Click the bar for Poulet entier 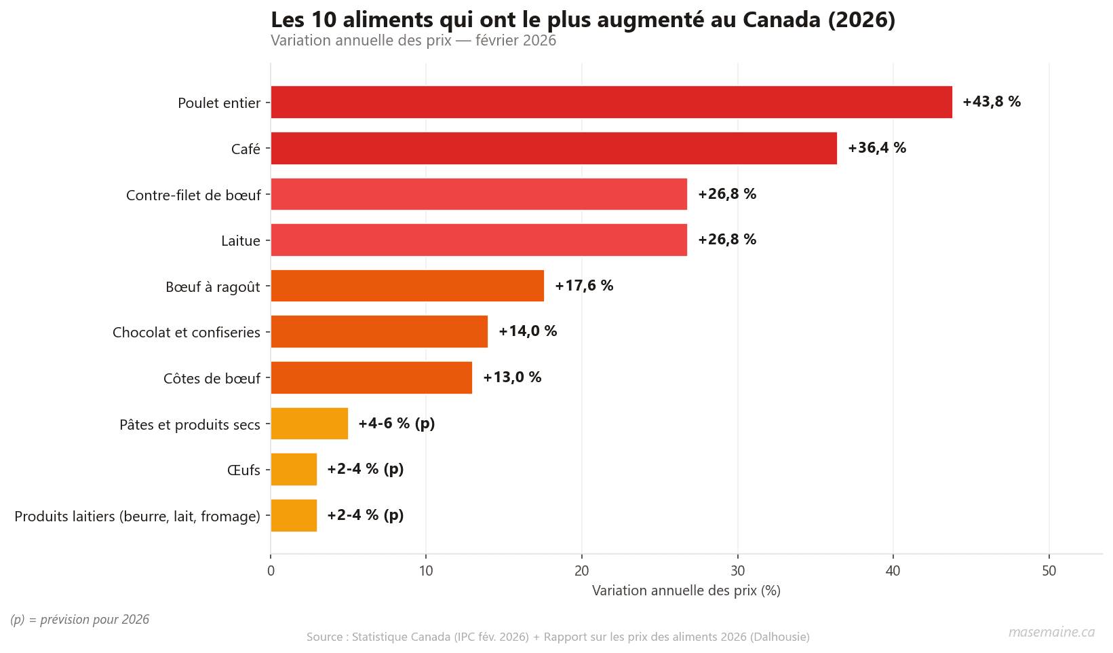pos(610,102)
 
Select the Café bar pos(553,148)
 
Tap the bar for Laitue pos(478,240)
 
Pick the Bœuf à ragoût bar pos(407,286)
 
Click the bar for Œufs pos(294,469)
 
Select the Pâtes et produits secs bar pos(309,424)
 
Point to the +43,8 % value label pos(991,102)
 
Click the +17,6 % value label pos(583,286)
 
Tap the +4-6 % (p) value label pos(396,424)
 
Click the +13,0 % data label pos(511,377)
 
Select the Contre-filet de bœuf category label pos(193,195)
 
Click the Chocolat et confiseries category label pos(187,333)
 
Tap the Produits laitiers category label pos(138,517)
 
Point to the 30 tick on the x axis pos(737,571)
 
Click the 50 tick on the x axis pos(1049,571)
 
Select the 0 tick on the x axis pos(271,571)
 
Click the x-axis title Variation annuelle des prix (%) pos(686,591)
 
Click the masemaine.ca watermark pos(1051,632)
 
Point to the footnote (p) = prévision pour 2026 pos(80,620)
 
